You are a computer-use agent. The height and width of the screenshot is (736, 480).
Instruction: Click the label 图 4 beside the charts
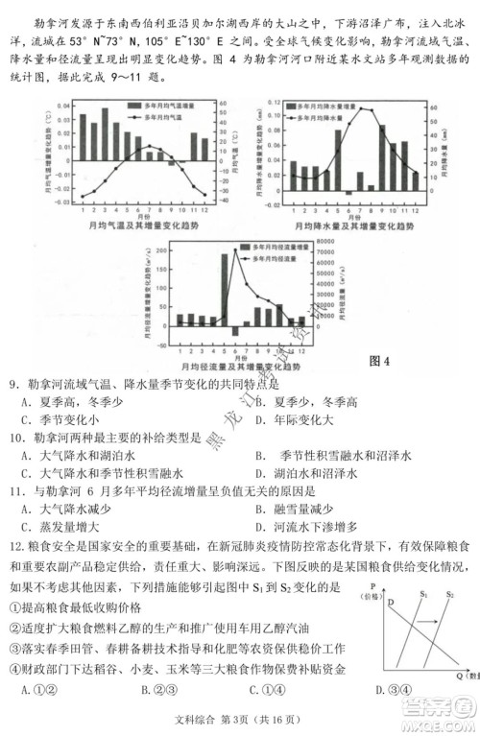coord(379,361)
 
